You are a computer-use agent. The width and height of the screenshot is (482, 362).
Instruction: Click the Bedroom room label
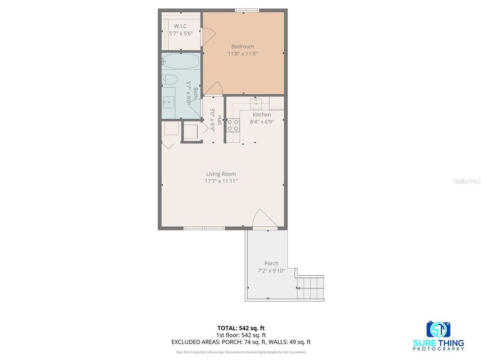242,46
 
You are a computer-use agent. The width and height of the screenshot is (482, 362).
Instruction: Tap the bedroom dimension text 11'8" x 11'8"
242,54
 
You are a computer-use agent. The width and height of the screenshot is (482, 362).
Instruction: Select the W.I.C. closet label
181,26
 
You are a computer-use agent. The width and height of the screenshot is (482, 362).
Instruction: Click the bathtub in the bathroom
181,61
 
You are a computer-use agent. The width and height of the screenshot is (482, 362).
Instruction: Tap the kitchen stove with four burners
233,125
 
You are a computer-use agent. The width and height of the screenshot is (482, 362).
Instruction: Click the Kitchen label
262,115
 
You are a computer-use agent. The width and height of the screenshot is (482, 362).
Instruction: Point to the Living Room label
221,174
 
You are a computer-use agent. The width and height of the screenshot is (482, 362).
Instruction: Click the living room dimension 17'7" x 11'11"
221,181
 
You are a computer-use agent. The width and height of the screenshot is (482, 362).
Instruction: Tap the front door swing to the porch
262,220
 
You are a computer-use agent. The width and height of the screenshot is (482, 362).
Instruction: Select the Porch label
271,263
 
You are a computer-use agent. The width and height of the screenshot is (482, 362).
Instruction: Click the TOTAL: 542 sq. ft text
241,328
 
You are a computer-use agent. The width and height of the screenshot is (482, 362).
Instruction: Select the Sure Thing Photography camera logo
438,329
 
